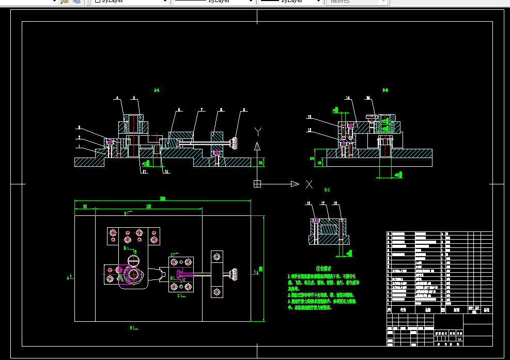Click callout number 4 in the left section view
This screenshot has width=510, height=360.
pos(117,98)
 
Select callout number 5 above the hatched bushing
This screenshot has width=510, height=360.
pos(133,98)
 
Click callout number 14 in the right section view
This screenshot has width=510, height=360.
pos(348,98)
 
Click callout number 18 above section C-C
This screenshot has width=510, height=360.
pos(336,204)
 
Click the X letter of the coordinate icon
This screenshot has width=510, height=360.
pos(309,184)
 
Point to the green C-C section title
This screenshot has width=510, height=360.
pos(327,190)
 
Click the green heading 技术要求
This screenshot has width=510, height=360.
pos(323,269)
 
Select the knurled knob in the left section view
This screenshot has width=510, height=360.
pos(235,143)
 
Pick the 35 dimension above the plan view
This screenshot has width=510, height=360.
pos(85,206)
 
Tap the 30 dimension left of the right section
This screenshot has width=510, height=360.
pos(313,158)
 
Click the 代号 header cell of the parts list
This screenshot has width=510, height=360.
pos(404,310)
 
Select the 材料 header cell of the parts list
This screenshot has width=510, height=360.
pos(457,310)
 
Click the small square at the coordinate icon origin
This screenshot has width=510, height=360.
pos(257,184)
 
